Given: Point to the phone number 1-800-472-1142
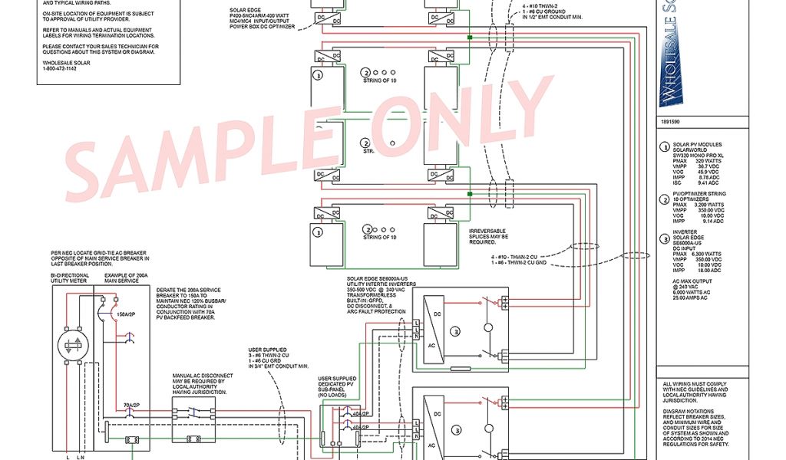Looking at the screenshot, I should coord(61,69).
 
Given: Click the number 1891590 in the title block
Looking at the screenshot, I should coord(670,122).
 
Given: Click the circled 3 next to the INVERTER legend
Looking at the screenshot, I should coord(665,238).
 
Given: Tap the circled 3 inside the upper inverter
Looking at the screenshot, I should coord(454,331).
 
